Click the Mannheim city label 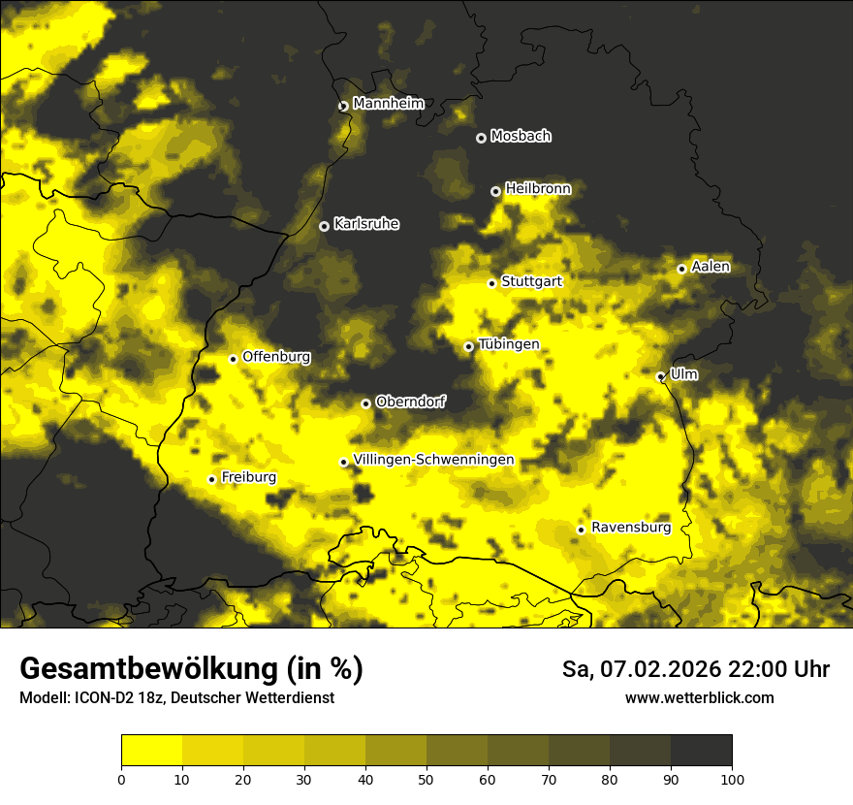388,103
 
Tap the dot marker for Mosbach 481,138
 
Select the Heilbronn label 538,188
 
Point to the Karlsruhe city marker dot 324,226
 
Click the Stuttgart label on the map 531,281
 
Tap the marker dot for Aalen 681,269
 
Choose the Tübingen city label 509,344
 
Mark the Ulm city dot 660,376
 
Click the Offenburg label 276,356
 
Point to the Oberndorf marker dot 365,403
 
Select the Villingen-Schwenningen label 433,460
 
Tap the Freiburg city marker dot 211,479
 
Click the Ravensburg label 630,528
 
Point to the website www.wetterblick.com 699,697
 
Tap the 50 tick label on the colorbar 426,779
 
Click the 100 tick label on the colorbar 732,779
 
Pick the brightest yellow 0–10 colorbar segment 151,751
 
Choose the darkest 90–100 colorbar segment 701,751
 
